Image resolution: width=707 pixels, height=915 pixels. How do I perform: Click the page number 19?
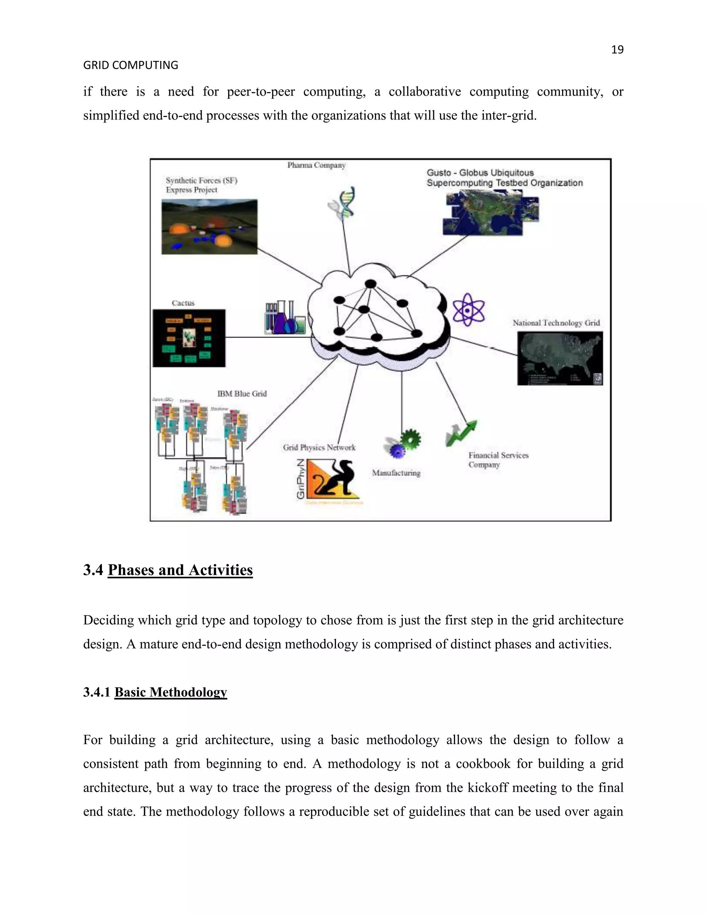pos(617,50)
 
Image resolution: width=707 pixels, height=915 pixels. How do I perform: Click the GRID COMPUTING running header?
pos(131,65)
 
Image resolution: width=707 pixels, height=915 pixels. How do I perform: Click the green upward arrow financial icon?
pos(462,433)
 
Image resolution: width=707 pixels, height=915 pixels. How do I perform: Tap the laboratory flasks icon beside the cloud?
pos(285,318)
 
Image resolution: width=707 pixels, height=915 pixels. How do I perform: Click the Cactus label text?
pos(183,303)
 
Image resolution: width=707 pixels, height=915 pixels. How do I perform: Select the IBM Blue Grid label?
pos(242,394)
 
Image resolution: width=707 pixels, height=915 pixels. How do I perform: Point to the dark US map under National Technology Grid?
pos(560,358)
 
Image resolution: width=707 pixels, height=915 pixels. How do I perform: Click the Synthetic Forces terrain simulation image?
pos(210,227)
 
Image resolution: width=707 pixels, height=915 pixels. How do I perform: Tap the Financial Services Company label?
pos(498,460)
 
